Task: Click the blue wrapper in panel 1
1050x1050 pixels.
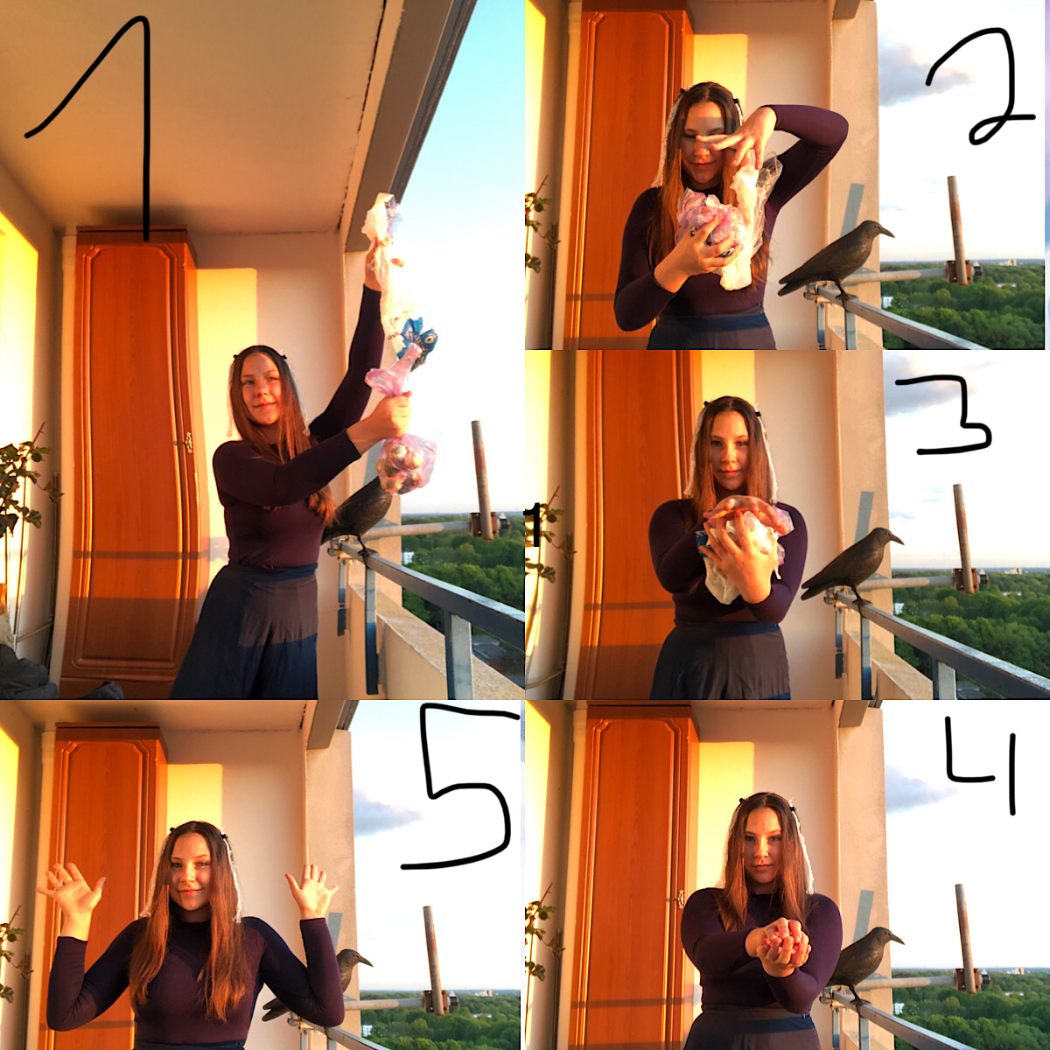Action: point(416,340)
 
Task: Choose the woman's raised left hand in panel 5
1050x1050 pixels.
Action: point(311,889)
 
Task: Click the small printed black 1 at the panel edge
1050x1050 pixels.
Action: point(533,526)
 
